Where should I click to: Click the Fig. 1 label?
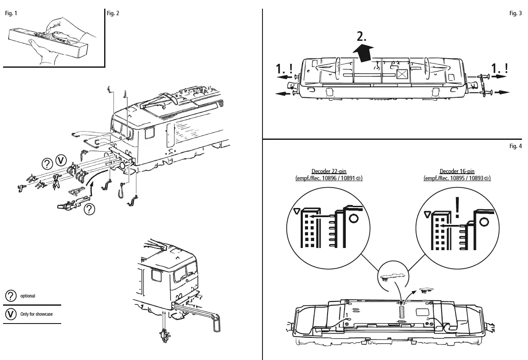(x=11, y=13)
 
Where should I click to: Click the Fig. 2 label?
(x=113, y=13)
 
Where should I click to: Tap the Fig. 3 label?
(x=516, y=13)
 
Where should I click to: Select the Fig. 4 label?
(x=516, y=146)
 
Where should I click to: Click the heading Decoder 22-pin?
(x=329, y=172)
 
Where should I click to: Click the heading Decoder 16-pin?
(x=457, y=172)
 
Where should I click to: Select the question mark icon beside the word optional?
(x=10, y=296)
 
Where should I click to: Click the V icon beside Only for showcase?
(x=10, y=314)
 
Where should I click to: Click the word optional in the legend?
(x=28, y=296)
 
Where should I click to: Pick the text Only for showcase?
(x=36, y=314)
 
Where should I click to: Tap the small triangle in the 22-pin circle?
(x=297, y=211)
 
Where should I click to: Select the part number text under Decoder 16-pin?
(x=457, y=178)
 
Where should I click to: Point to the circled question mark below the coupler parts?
(x=89, y=209)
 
